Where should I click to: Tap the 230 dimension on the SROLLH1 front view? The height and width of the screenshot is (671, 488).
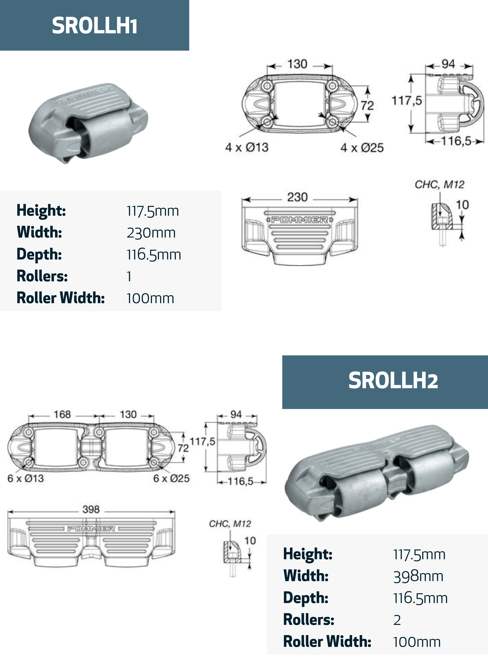(x=297, y=197)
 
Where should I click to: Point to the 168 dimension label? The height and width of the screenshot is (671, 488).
(x=62, y=414)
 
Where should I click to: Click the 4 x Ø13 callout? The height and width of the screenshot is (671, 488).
(x=247, y=147)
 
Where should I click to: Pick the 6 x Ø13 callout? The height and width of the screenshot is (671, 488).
(x=26, y=478)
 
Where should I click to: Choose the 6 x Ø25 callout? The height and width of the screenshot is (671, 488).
(x=171, y=478)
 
